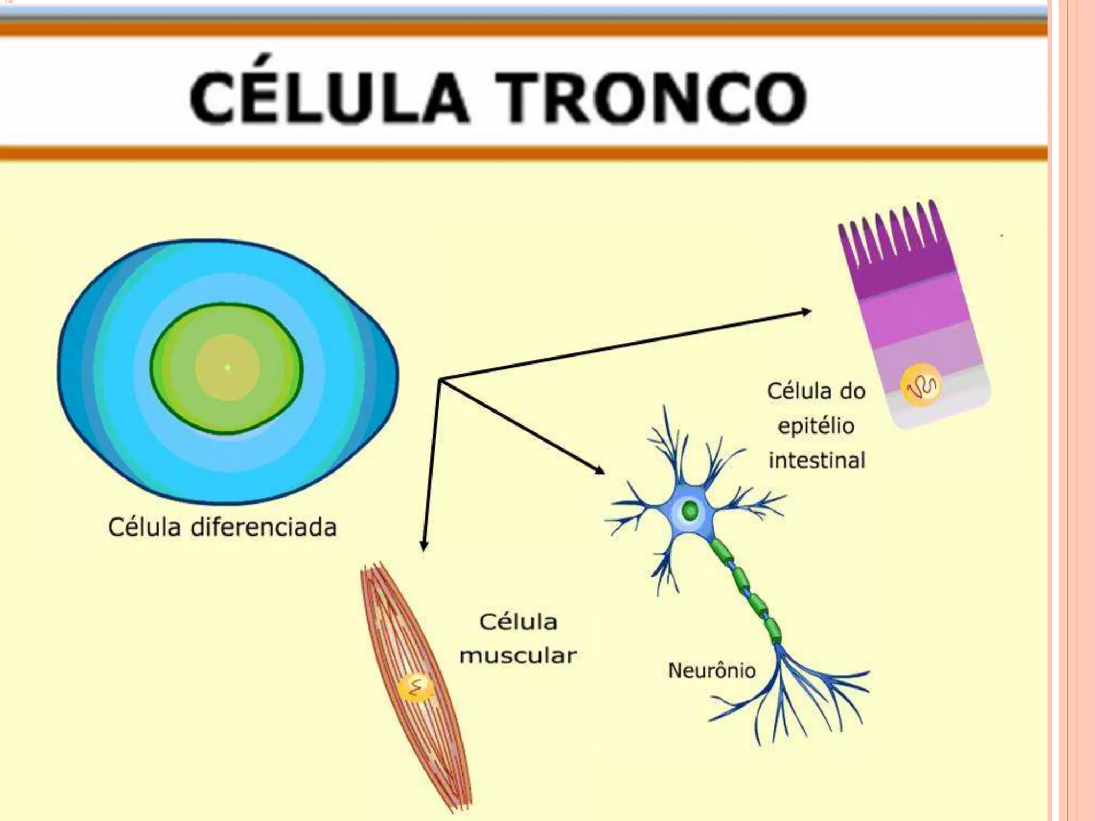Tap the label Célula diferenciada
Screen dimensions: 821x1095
pos(222,528)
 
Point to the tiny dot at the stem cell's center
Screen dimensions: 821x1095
pos(227,367)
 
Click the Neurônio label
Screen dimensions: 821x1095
pos(712,670)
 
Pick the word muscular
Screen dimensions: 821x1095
pos(518,656)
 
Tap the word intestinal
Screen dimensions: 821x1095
pos(816,460)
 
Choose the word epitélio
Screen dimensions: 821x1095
pos(816,426)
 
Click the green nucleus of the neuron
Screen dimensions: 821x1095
pos(690,510)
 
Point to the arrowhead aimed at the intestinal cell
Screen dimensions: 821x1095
pos(806,312)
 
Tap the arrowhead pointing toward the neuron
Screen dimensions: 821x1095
pos(600,470)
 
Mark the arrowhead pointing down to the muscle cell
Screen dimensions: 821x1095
pos(424,546)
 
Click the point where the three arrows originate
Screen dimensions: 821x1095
pos(439,379)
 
